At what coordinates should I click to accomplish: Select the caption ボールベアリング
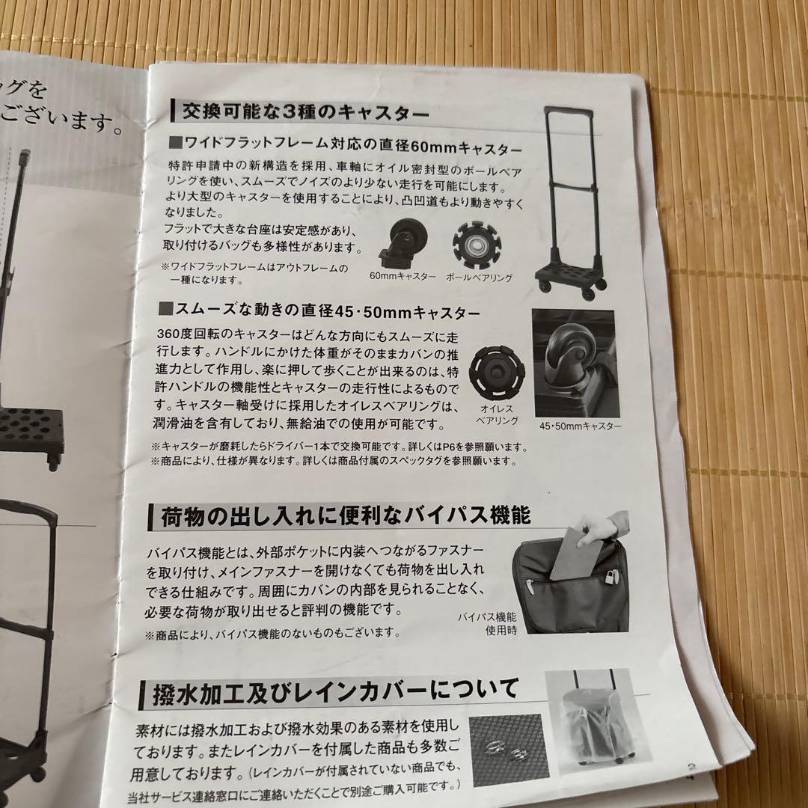coord(479,278)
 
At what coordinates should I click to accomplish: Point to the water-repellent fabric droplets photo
coord(504,748)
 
